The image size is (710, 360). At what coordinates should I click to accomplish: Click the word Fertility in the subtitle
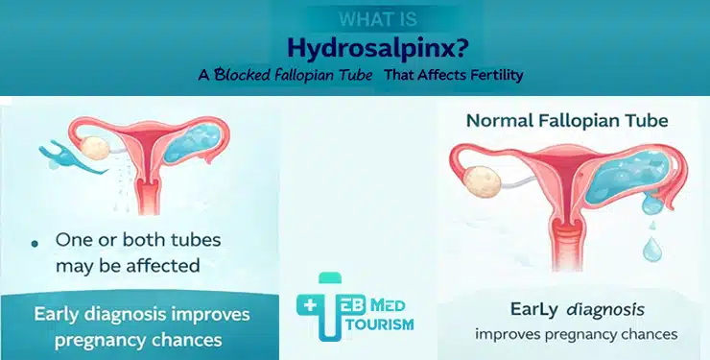tap(490, 76)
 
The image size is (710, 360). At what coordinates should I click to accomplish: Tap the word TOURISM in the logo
tap(373, 325)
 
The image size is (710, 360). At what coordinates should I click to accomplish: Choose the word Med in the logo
tap(391, 306)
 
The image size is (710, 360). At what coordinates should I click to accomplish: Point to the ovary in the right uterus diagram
tap(475, 183)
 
